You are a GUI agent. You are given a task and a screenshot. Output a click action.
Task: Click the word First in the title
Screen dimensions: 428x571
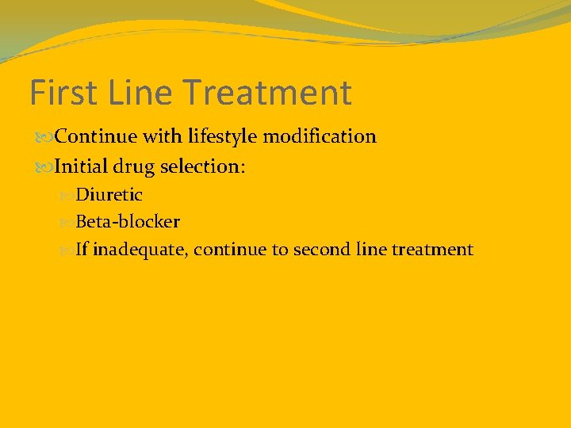click(x=63, y=93)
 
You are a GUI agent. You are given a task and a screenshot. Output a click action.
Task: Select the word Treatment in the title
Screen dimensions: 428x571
click(x=270, y=93)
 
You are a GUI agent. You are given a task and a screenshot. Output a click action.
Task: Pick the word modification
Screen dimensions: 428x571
click(x=320, y=136)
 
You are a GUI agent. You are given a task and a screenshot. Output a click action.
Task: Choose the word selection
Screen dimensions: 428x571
click(x=203, y=167)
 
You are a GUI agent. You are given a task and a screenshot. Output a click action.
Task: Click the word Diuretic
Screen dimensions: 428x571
click(x=109, y=194)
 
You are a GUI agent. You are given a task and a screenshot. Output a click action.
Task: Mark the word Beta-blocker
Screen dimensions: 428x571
click(x=128, y=222)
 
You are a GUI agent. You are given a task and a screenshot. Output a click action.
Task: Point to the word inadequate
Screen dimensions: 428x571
click(x=140, y=250)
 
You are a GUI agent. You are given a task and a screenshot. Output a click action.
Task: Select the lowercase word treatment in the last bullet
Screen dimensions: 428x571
click(x=433, y=250)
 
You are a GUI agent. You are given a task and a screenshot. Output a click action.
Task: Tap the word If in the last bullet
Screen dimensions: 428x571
click(x=82, y=250)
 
